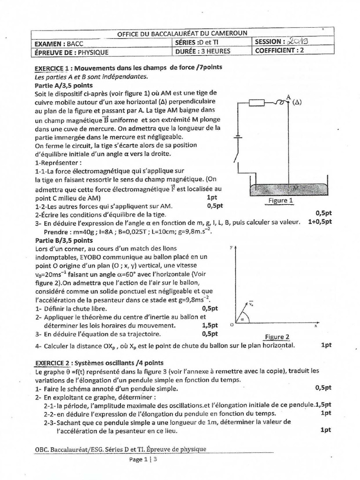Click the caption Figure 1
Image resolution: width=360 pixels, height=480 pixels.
click(281, 201)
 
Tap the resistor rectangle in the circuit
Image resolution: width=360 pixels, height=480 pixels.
click(257, 103)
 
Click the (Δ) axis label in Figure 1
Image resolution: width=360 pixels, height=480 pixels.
click(297, 102)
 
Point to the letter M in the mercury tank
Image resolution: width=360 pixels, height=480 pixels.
click(295, 188)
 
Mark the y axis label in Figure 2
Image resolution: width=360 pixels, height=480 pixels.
click(232, 247)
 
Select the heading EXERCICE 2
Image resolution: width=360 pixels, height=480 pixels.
click(53, 363)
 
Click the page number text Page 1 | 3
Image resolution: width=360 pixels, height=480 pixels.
click(144, 460)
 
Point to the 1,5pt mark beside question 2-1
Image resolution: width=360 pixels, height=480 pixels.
click(323, 404)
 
